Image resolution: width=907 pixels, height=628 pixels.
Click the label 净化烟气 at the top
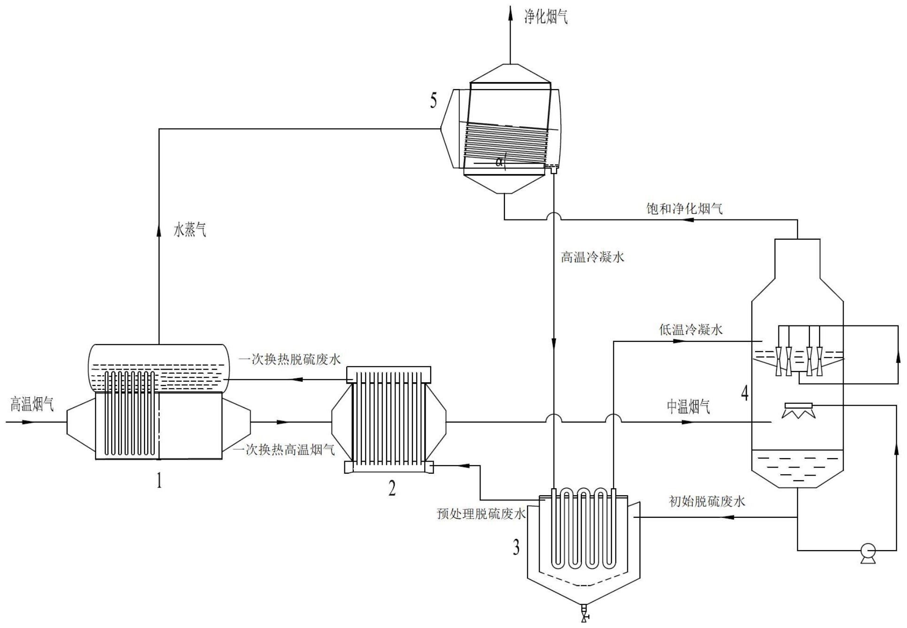545,17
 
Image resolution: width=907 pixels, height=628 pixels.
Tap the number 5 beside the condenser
434,101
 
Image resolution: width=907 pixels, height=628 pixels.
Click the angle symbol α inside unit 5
499,162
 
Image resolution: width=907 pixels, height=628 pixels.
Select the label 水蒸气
190,230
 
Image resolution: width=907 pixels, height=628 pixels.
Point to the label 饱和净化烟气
684,208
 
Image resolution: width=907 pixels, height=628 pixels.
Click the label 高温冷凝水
592,257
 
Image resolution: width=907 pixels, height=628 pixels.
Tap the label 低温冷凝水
691,330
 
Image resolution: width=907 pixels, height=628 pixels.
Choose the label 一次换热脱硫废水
289,360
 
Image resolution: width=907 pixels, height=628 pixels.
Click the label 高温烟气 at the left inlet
32,404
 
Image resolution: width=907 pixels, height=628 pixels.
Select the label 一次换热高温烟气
284,450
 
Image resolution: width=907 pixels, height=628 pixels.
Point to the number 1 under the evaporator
160,481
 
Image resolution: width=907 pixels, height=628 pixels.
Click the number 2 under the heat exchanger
392,488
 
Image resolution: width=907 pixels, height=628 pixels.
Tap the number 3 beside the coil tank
516,547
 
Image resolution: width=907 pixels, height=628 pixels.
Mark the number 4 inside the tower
745,393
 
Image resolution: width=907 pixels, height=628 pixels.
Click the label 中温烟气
688,407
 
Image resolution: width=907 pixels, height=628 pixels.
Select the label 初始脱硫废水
707,501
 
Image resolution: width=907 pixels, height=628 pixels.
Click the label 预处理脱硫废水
480,514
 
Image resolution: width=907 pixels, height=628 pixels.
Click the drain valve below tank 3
584,612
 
